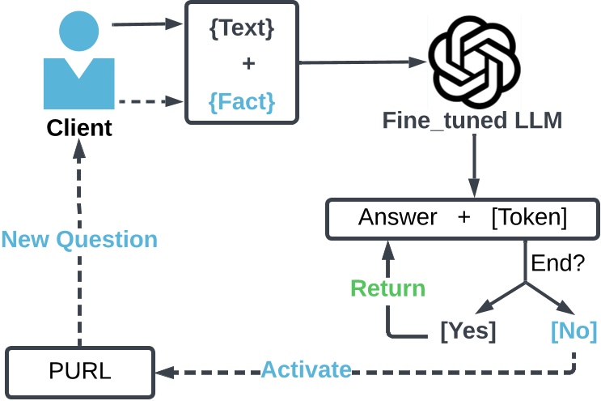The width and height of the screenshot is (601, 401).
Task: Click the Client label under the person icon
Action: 79,128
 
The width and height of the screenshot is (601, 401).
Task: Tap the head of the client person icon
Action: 79,32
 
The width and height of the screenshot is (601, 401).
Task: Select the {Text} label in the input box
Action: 242,29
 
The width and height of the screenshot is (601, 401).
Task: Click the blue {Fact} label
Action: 242,102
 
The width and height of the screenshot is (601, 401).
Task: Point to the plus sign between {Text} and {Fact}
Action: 248,65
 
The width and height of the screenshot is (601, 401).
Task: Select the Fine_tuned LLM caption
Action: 472,122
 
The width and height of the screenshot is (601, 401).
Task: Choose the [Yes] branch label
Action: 468,331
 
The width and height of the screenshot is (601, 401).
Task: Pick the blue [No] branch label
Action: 573,331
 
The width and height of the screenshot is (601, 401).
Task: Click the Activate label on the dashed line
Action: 306,371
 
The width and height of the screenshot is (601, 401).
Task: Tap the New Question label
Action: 79,240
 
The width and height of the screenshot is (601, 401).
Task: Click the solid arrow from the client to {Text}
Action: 146,24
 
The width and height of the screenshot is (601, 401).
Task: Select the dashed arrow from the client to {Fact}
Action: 146,102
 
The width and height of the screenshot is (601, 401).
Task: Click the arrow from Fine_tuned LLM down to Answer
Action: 474,166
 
